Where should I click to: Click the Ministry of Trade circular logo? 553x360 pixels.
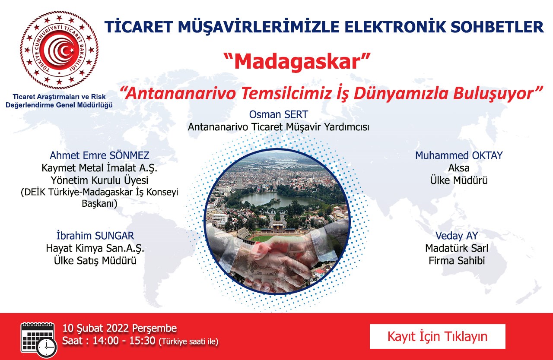[59, 50]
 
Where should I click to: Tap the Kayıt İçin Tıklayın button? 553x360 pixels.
[438, 336]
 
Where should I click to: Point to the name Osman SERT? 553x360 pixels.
[279, 114]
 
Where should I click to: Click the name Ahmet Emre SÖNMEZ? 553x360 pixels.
[99, 155]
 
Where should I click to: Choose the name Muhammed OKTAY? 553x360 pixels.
[459, 155]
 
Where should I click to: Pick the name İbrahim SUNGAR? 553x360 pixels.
[95, 236]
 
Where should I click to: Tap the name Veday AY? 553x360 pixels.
[457, 236]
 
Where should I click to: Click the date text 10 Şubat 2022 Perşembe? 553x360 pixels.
[120, 328]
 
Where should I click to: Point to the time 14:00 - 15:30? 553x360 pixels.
[124, 341]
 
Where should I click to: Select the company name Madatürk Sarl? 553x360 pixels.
[457, 248]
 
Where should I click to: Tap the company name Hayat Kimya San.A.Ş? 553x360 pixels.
[95, 248]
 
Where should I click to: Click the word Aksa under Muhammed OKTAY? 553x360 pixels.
[459, 168]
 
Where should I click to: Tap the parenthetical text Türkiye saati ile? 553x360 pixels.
[189, 342]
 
